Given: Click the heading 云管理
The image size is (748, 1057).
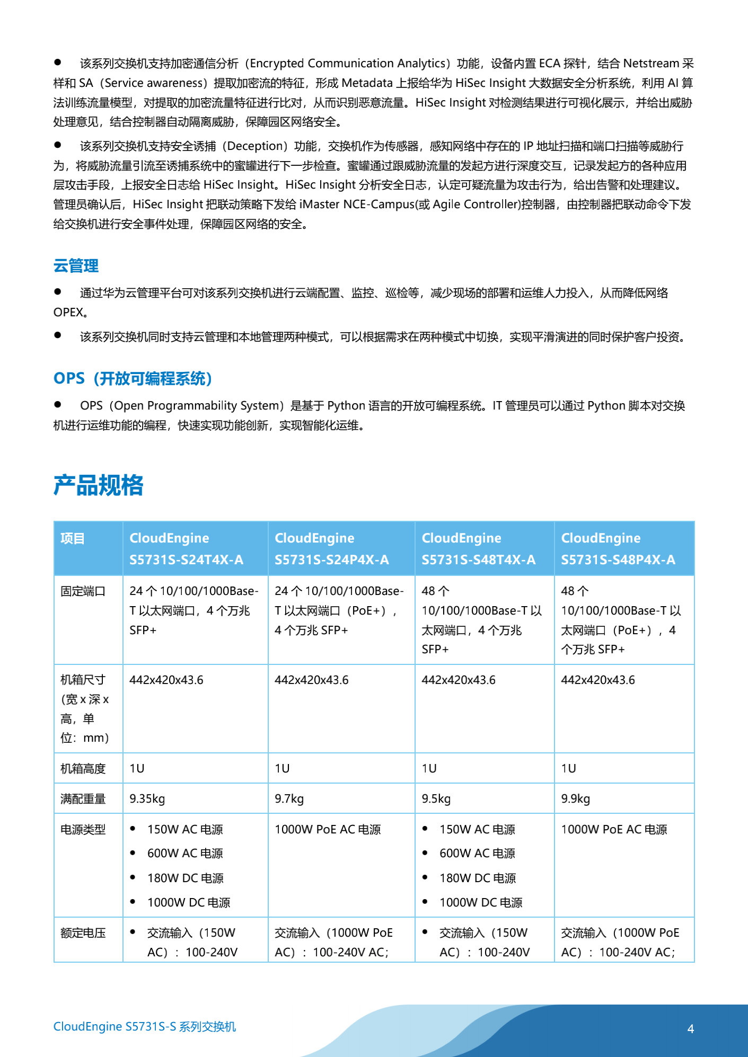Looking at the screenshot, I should click(x=76, y=266).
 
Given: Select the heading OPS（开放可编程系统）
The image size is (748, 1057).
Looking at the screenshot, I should click(x=133, y=379).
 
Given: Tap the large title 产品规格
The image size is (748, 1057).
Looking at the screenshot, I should click(x=99, y=485).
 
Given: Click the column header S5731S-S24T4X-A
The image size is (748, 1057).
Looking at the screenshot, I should click(x=186, y=559).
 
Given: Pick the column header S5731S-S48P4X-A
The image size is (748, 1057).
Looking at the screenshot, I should click(x=618, y=559).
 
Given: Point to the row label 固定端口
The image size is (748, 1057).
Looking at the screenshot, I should click(x=83, y=591).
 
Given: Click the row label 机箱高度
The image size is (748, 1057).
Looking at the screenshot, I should click(x=83, y=769).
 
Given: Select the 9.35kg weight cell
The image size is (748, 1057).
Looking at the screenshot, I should click(x=147, y=799).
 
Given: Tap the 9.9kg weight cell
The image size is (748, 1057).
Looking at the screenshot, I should click(x=576, y=799).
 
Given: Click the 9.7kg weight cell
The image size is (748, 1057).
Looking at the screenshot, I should click(x=289, y=799).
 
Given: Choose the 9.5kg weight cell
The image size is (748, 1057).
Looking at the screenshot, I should click(x=436, y=799).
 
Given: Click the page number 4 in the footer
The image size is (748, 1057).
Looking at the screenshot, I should click(x=691, y=1029).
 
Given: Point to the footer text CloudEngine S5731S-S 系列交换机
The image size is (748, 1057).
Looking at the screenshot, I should click(x=145, y=1027).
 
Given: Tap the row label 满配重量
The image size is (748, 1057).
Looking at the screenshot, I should click(x=83, y=799).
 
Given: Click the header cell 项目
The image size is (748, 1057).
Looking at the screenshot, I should click(x=73, y=539).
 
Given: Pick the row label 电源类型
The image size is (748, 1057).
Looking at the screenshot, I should click(x=83, y=830).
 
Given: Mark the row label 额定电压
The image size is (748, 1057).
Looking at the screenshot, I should click(x=83, y=933).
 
